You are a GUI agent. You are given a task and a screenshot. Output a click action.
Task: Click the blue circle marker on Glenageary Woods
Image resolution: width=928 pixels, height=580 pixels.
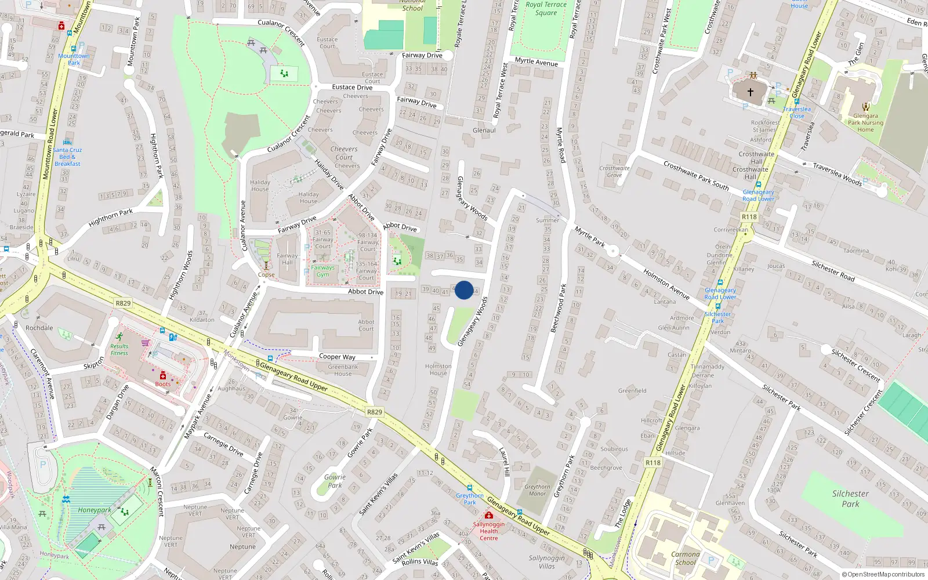coord(464,290)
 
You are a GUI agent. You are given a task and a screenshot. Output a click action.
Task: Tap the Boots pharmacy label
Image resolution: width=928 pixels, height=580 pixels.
coord(163,384)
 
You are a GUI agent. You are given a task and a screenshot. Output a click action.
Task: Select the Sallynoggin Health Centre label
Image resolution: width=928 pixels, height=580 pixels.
coord(488,531)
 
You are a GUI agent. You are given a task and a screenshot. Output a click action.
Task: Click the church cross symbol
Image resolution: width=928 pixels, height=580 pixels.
coord(750,92)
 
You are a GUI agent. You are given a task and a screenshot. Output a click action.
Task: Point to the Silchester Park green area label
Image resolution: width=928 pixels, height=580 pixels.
coord(850,499)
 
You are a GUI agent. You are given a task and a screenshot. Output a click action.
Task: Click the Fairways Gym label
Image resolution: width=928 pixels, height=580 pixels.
coord(322,271)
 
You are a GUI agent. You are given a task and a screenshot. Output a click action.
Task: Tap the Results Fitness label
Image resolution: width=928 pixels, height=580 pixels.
coord(119,349)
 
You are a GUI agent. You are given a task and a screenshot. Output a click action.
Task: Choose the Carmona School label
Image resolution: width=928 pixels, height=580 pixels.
coord(685,558)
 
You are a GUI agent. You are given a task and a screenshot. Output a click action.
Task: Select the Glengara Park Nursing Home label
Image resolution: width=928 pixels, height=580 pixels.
coord(865,122)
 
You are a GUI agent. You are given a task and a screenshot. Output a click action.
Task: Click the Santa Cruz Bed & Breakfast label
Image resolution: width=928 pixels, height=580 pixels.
coord(67,157)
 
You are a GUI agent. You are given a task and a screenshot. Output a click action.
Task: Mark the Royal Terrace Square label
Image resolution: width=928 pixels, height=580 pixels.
coord(546,8)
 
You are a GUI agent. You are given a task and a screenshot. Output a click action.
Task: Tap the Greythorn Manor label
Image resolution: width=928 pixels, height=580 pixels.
coord(537,490)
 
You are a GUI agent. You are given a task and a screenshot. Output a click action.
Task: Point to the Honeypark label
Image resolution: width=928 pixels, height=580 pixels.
coord(95,510)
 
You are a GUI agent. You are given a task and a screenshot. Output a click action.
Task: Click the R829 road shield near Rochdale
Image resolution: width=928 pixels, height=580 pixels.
coord(123,303)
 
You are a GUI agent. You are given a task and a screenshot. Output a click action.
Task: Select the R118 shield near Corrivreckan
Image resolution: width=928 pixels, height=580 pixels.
coord(749,216)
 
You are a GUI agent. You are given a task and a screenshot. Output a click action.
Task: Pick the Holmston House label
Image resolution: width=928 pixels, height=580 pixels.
coord(438,369)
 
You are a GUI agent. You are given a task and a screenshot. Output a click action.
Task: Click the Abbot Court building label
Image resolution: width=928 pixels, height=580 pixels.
coord(366,325)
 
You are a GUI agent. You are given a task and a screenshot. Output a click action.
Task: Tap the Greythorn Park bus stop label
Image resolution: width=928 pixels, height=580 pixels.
coord(469,499)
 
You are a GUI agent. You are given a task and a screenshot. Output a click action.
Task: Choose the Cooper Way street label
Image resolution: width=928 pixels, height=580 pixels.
coord(337,357)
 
